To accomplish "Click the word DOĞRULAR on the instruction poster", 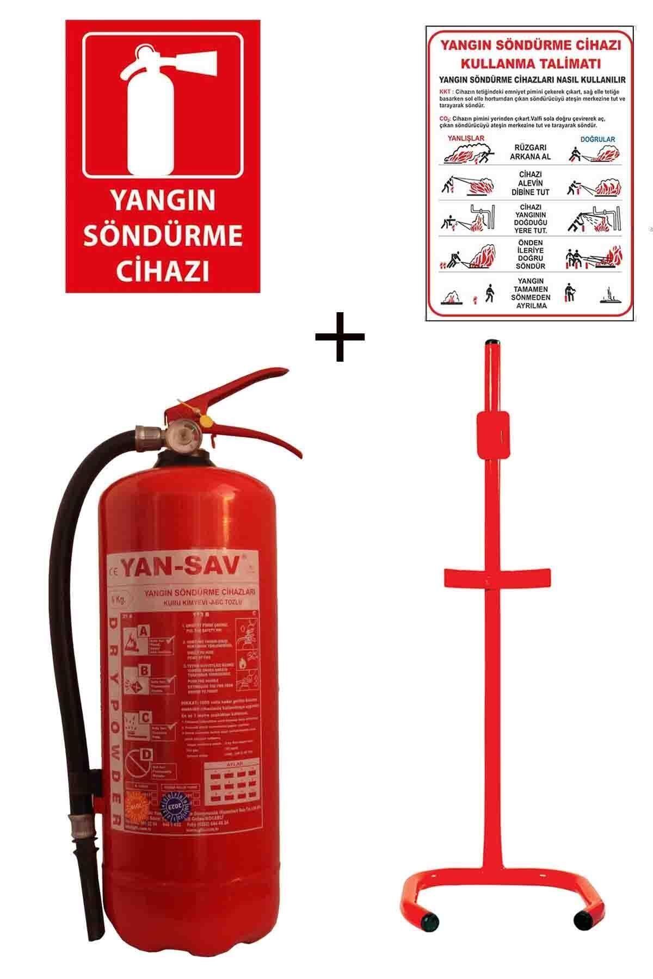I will click(x=597, y=139).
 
